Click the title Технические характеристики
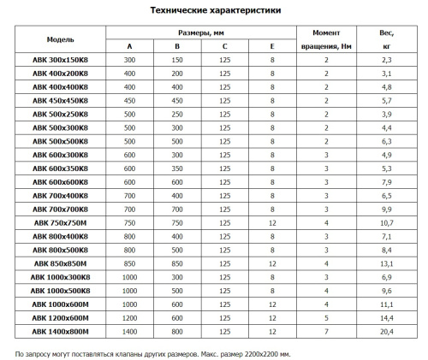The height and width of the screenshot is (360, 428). coord(213,10)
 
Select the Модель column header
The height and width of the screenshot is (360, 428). coord(60,39)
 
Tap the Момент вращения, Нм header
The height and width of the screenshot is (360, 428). coord(326,39)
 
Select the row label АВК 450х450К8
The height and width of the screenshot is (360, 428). coord(60,101)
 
